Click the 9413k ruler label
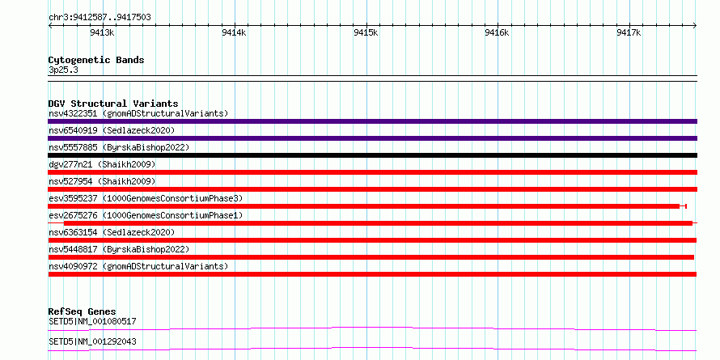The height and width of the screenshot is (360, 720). tap(102, 32)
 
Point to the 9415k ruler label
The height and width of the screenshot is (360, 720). tap(366, 32)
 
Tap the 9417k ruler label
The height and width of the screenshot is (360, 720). tap(629, 32)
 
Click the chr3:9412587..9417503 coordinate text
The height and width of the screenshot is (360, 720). tap(100, 18)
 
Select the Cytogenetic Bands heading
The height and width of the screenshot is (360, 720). tap(96, 60)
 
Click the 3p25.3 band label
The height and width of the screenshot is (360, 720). tap(63, 70)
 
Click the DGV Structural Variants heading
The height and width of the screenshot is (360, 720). tap(113, 104)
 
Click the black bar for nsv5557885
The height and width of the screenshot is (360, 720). tap(372, 155)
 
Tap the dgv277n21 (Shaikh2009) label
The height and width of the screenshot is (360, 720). tap(102, 164)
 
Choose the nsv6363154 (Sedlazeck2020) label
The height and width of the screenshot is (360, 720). tap(112, 232)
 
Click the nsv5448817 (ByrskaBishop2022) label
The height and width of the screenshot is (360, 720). tap(119, 249)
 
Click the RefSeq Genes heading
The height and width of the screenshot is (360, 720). tap(83, 311)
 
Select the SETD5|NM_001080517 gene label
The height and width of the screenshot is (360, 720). tap(92, 321)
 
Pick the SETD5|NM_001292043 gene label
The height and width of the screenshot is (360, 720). tap(92, 341)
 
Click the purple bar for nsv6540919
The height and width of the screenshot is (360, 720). tap(372, 138)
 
